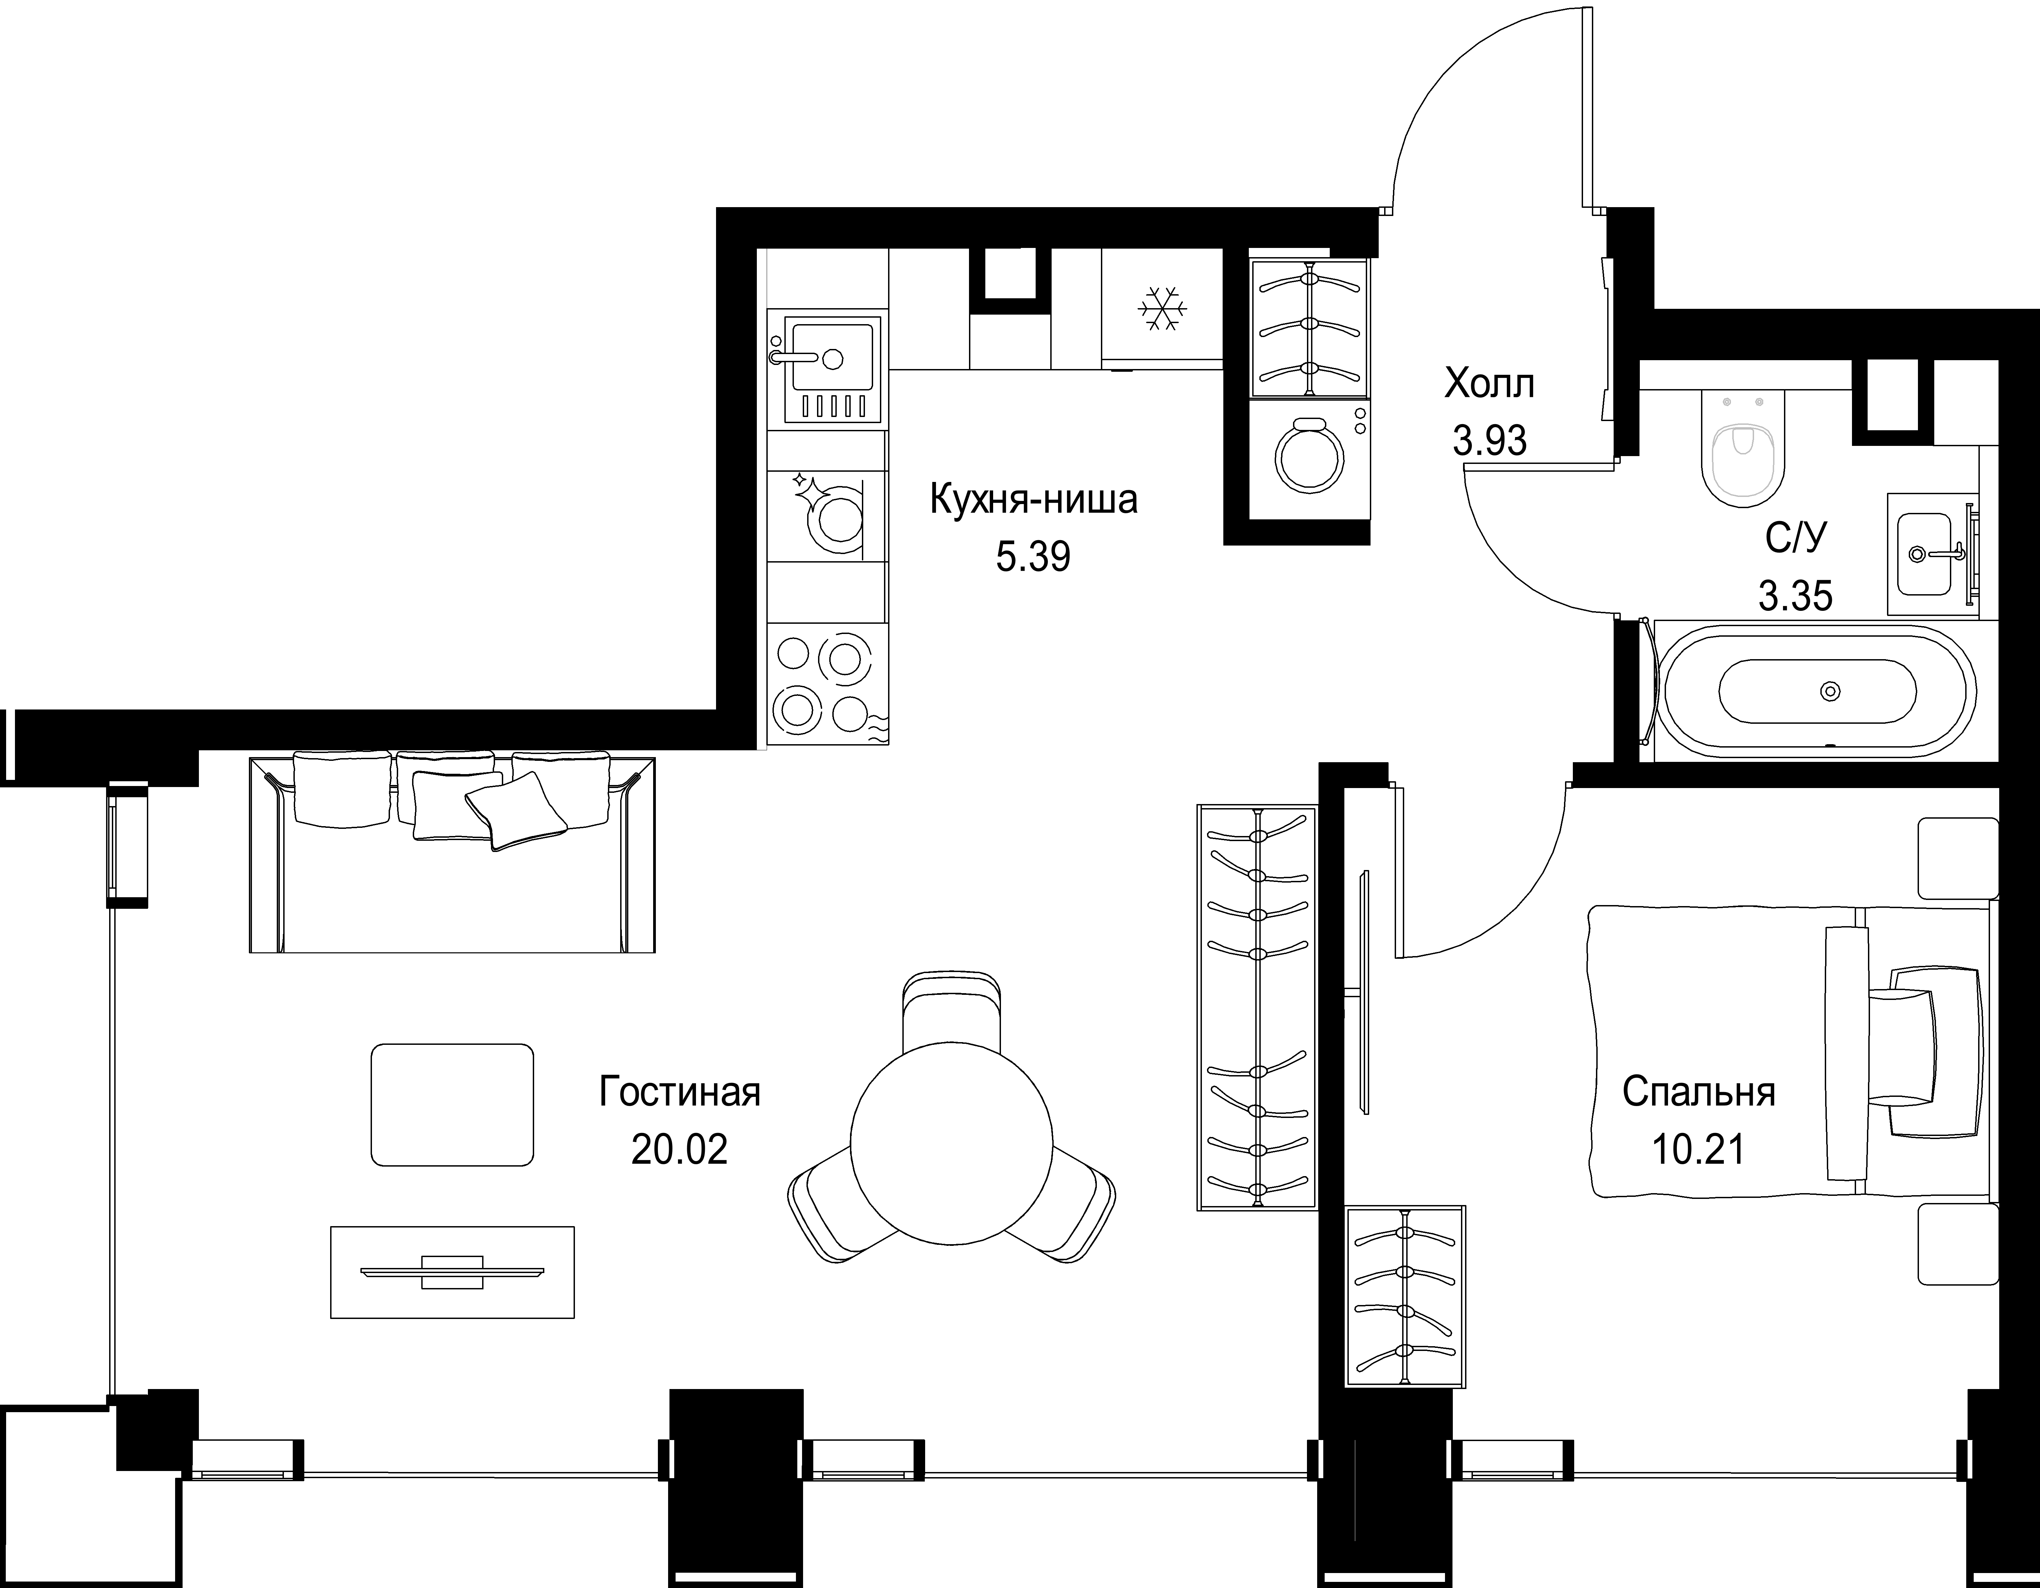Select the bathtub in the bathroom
[x=1816, y=690]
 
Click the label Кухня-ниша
[x=1033, y=500]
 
